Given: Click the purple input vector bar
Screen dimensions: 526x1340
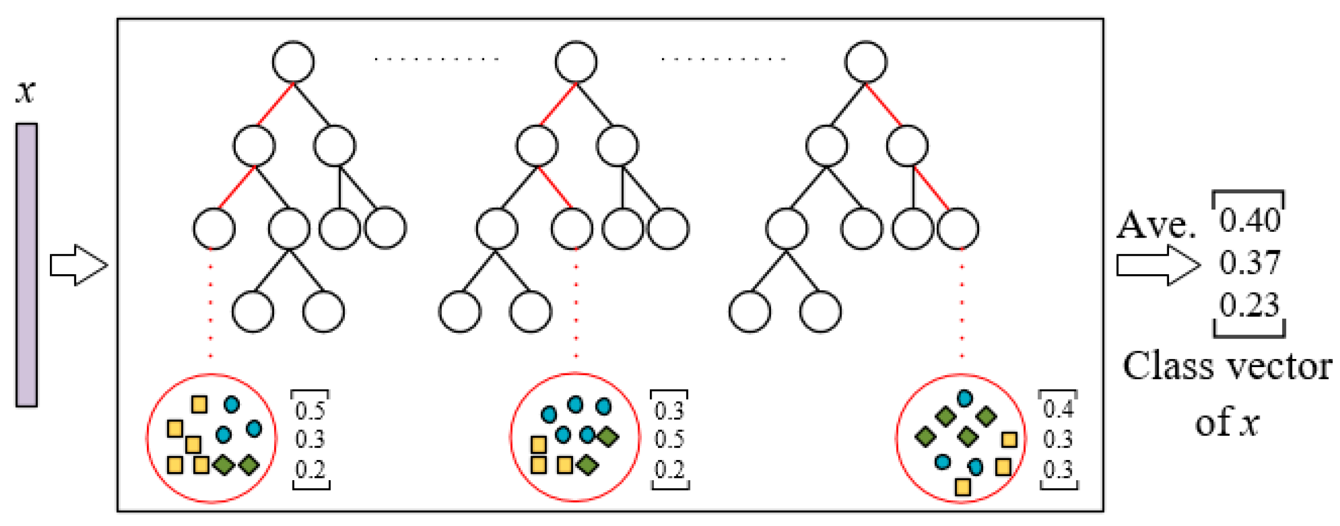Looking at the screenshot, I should point(26,264).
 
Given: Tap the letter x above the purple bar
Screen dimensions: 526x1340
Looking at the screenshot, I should point(26,91).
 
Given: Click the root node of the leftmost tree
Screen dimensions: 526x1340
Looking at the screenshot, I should point(293,61).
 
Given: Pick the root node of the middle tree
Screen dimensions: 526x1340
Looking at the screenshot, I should point(576,61).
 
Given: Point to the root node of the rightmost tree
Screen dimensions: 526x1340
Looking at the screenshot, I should point(866,61).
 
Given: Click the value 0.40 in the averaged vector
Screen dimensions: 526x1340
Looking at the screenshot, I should point(1249,220).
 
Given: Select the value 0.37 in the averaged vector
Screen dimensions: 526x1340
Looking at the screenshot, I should point(1249,263).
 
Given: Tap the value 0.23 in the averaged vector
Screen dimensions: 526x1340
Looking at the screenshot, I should point(1249,305).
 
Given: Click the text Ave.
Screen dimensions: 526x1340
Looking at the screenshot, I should point(1155,225).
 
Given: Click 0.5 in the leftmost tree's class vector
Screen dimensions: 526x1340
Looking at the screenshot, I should point(310,411).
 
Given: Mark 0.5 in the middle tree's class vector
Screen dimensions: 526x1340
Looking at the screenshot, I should point(669,440).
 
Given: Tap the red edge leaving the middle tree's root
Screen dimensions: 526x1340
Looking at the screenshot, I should point(558,104).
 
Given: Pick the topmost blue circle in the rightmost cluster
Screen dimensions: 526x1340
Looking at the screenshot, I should point(965,398).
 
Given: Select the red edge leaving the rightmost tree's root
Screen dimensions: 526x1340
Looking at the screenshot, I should point(883,104).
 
